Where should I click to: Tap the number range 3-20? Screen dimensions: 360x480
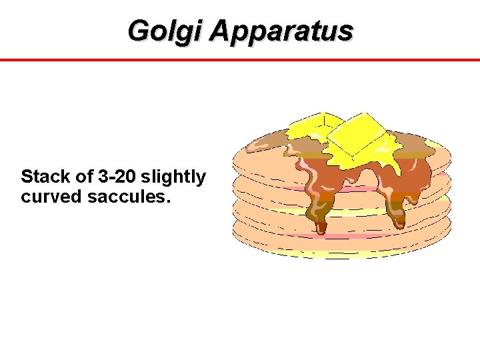116,177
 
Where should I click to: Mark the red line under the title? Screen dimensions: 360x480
240,60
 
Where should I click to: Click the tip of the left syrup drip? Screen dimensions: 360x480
321,229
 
